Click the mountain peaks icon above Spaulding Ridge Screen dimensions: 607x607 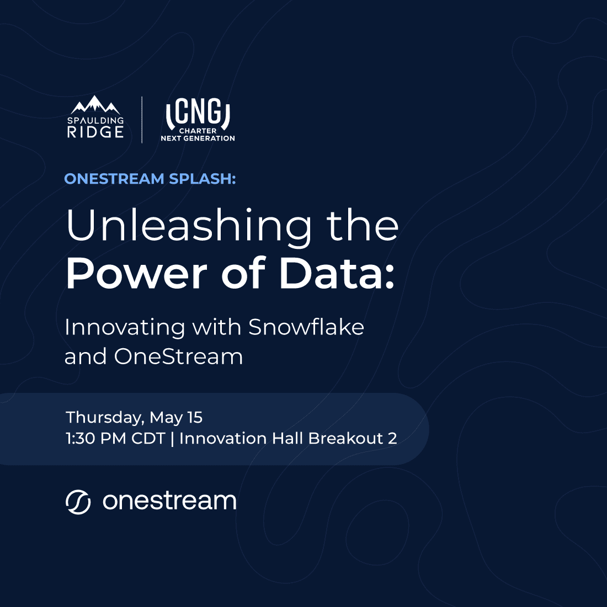[95, 105]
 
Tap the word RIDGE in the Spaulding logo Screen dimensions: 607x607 [95, 132]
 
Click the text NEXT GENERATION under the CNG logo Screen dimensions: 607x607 [198, 138]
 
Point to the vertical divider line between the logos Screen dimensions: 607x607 [142, 119]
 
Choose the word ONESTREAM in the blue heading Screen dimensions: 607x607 [114, 179]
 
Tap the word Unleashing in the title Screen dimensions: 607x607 [189, 226]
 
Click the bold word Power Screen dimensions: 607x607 [137, 273]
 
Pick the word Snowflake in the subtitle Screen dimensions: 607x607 [306, 327]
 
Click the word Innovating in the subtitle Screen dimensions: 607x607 [125, 328]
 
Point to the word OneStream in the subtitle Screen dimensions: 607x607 [178, 356]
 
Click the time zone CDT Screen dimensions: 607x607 [148, 439]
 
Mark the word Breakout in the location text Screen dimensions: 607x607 [345, 439]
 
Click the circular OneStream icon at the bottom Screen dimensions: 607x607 [78, 502]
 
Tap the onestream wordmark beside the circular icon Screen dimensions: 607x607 [169, 501]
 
